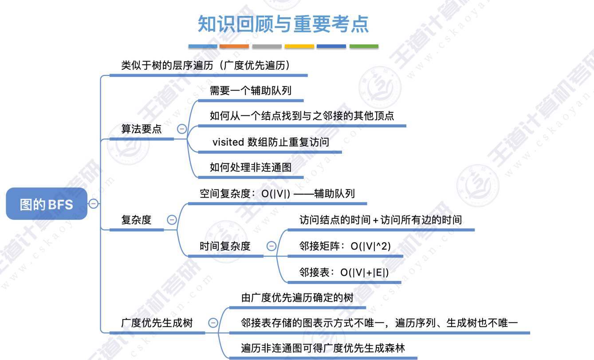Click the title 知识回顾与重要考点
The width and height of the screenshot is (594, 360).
(x=283, y=24)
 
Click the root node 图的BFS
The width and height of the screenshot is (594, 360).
(x=47, y=204)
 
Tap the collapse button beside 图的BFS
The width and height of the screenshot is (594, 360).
(x=94, y=204)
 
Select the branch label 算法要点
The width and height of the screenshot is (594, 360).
(x=142, y=129)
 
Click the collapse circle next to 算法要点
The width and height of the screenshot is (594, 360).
(x=182, y=129)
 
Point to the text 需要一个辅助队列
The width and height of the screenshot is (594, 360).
(x=250, y=91)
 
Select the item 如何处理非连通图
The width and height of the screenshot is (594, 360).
(x=250, y=168)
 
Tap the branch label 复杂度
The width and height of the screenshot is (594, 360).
(x=136, y=220)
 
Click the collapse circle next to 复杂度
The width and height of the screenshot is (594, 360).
(x=172, y=220)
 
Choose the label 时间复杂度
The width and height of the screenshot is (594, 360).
(x=225, y=246)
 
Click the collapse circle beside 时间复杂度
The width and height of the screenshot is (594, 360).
(x=271, y=246)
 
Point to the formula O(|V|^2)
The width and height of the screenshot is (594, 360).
(x=370, y=246)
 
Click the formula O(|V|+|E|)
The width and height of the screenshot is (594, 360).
(x=365, y=272)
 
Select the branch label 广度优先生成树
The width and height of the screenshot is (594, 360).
(x=157, y=323)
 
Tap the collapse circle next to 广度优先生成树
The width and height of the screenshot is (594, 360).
(x=213, y=323)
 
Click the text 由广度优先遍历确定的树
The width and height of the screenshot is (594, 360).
(x=297, y=297)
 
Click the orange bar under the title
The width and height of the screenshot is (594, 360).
(x=234, y=46)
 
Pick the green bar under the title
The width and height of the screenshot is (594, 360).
(x=364, y=46)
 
